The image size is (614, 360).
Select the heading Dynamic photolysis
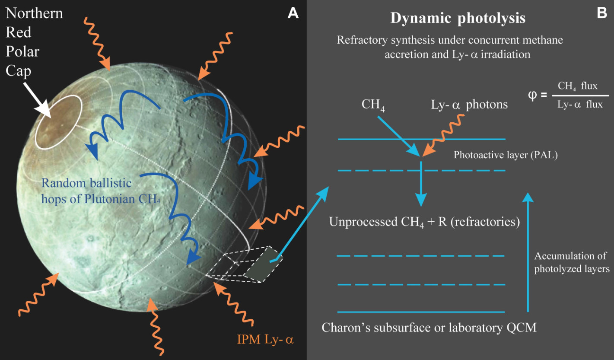point(458,18)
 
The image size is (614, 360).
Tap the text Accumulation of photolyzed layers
point(571,262)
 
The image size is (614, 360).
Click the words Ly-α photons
point(469,105)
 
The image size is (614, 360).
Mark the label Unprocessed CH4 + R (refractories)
point(424,222)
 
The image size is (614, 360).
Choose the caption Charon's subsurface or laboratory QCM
point(429,328)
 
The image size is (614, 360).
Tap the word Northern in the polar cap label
point(34,13)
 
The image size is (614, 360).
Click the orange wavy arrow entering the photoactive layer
point(445,134)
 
